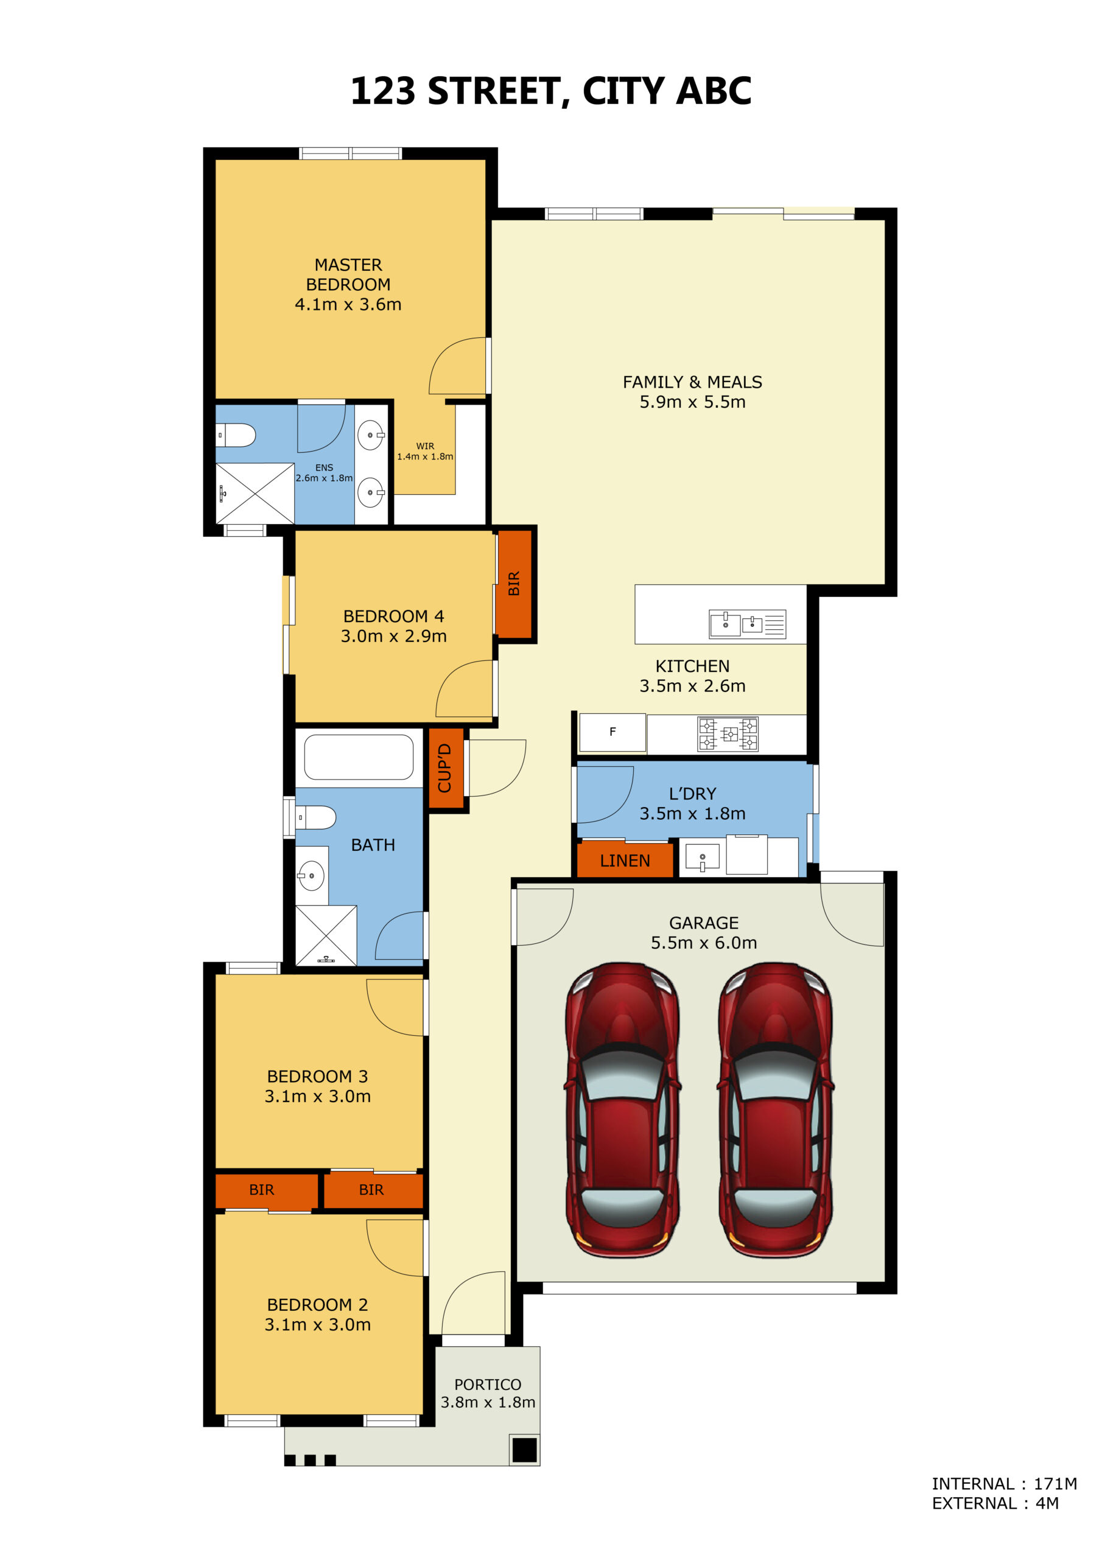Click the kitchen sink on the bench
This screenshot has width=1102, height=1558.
(x=747, y=624)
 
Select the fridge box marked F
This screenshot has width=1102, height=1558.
(x=612, y=732)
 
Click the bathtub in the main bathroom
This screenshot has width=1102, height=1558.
(x=359, y=757)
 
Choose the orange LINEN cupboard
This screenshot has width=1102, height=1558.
(x=625, y=861)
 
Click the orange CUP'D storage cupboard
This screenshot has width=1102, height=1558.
(x=446, y=768)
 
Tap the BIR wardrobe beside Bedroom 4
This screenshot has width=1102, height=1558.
(x=514, y=584)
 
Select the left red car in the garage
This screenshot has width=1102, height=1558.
(x=622, y=1109)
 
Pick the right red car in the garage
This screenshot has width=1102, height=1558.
(x=776, y=1109)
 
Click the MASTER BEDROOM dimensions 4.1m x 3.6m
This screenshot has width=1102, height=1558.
(x=348, y=305)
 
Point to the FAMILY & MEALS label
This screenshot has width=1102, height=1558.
(x=693, y=382)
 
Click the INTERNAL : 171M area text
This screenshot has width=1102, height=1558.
(x=1004, y=1483)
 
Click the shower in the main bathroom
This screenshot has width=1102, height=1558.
(x=326, y=935)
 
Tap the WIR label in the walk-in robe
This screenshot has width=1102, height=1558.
(x=425, y=446)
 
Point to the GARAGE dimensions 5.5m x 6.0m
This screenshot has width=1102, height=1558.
(x=704, y=943)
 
